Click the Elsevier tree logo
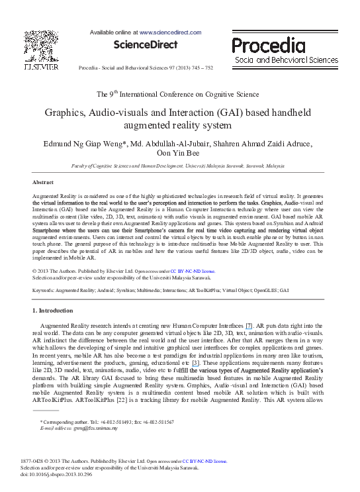click(x=40, y=46)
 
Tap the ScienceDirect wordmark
click(x=146, y=44)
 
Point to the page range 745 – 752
click(x=199, y=68)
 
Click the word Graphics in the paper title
click(x=67, y=113)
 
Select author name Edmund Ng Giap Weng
click(x=81, y=144)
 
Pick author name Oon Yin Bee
click(x=180, y=154)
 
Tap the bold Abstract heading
click(x=43, y=181)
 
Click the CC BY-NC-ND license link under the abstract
click(x=193, y=271)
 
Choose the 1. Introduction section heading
click(x=54, y=310)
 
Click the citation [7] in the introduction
click(x=249, y=327)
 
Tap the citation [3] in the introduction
click(x=196, y=364)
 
